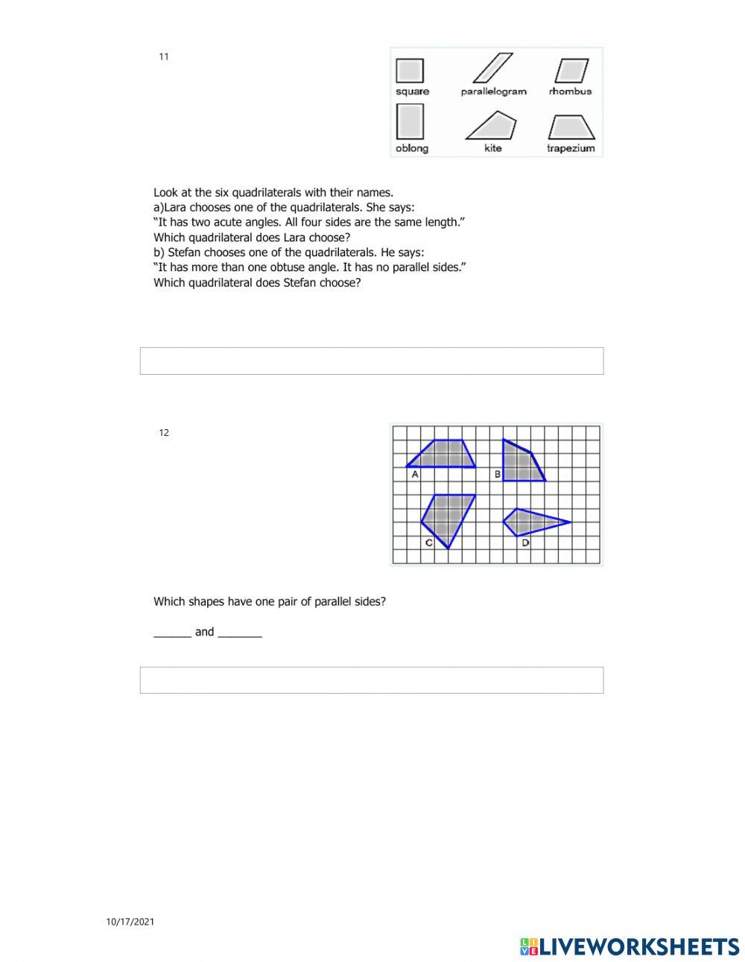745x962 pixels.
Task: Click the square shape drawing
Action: (x=410, y=71)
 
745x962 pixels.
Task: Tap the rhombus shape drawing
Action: (x=571, y=71)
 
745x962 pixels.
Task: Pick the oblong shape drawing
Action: (x=410, y=122)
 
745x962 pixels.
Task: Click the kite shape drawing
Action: (x=492, y=127)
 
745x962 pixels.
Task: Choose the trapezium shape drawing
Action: (x=571, y=127)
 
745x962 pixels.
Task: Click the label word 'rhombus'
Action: (x=570, y=92)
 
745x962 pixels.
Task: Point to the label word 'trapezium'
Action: (x=571, y=148)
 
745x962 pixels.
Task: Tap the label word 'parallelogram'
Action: (x=493, y=92)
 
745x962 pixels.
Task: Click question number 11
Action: (x=164, y=57)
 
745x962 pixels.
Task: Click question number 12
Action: (x=164, y=433)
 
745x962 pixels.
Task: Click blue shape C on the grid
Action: (x=447, y=516)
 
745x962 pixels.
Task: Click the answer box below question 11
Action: (x=372, y=361)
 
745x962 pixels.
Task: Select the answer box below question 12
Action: (x=372, y=680)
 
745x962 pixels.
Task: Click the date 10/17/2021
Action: (x=130, y=922)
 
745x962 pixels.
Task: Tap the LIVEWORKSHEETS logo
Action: (x=630, y=946)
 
